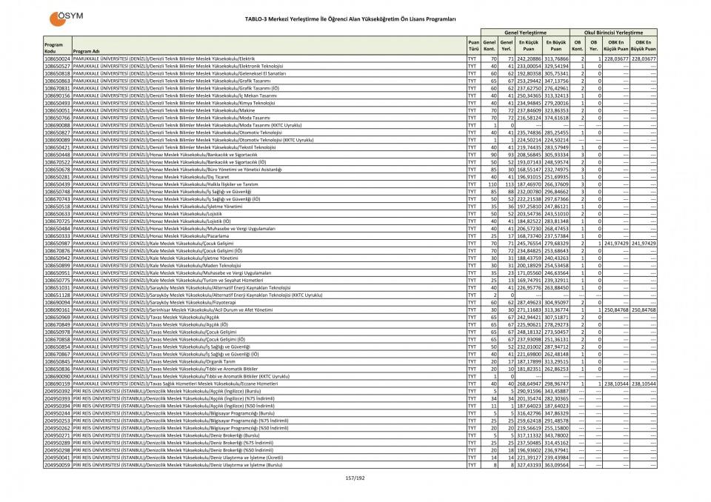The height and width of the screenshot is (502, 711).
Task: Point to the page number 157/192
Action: pyautogui.click(x=355, y=478)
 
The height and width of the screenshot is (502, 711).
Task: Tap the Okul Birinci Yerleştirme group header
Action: pyautogui.click(x=614, y=33)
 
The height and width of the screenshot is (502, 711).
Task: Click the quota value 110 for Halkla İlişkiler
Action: pyautogui.click(x=489, y=184)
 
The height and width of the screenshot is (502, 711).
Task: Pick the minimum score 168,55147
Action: pyautogui.click(x=527, y=170)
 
